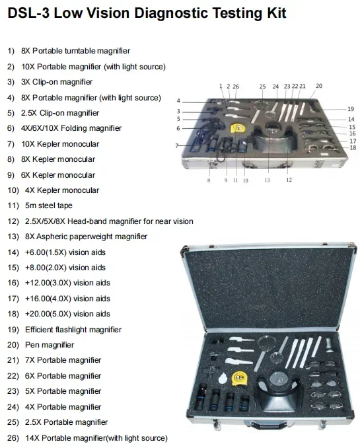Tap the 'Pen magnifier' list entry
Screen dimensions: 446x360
point(50,345)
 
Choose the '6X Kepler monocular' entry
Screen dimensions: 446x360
point(59,174)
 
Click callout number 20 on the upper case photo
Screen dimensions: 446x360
point(319,86)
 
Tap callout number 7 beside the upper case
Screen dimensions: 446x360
point(177,145)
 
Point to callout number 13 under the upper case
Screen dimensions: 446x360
point(267,180)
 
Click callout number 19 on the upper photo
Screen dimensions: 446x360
point(351,108)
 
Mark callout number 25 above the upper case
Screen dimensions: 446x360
point(262,87)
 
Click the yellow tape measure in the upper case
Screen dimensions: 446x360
point(236,128)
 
